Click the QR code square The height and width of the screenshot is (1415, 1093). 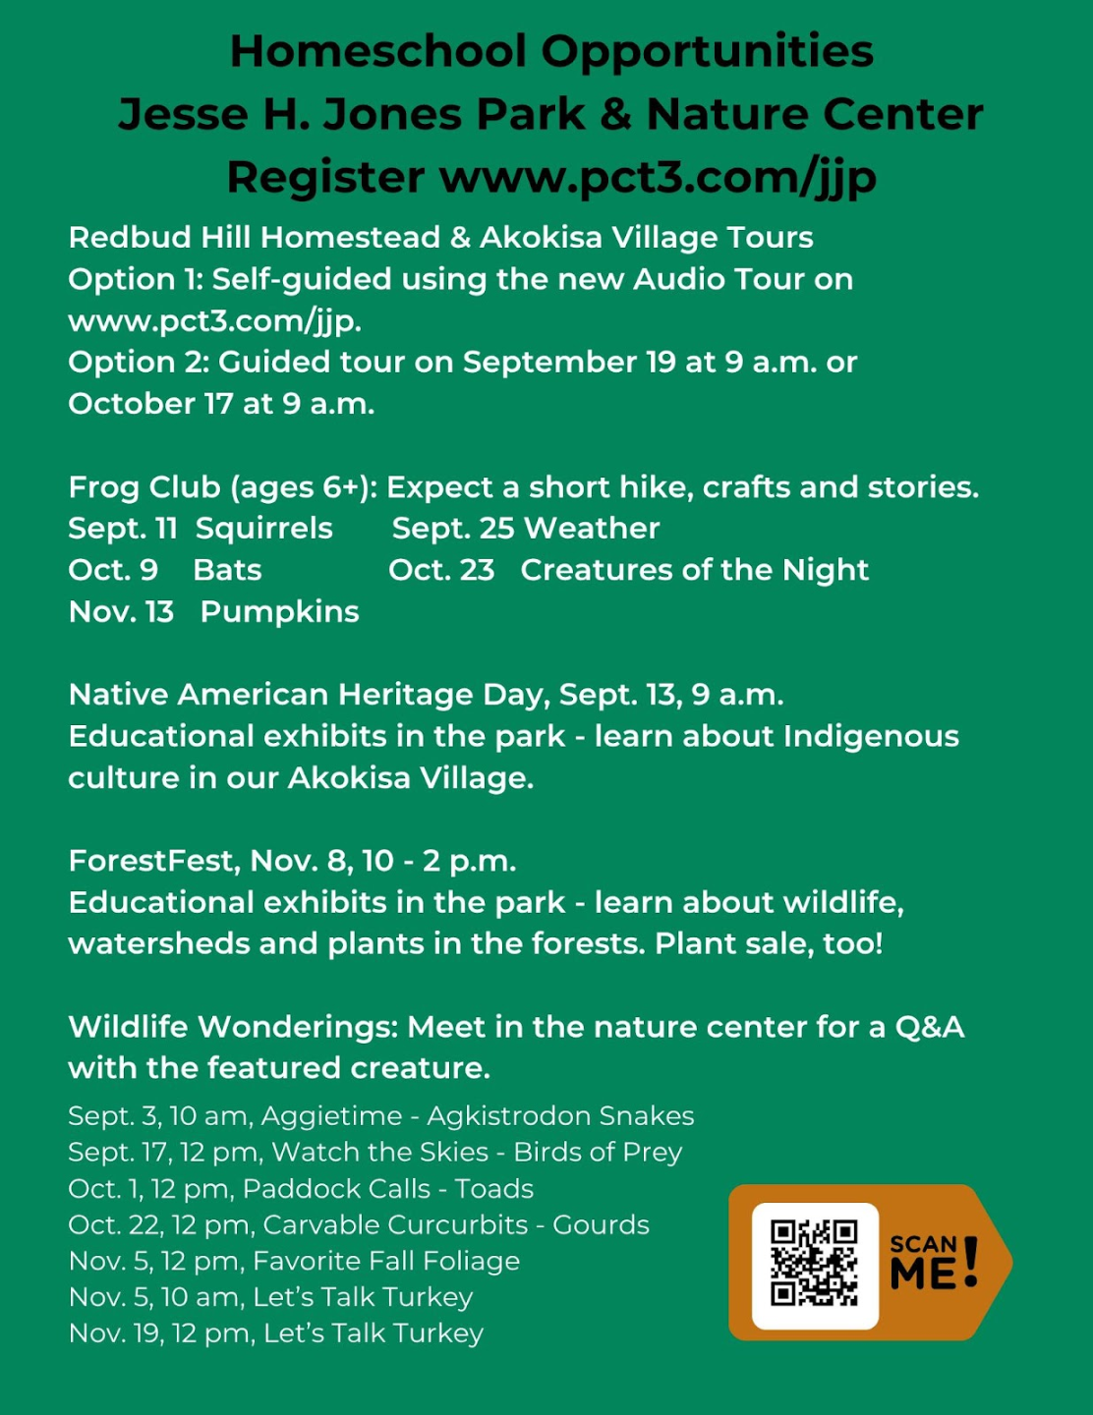[815, 1264]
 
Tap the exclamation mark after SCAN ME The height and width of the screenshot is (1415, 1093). [971, 1262]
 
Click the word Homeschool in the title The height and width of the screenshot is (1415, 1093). [378, 51]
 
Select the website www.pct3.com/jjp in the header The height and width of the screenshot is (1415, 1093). [658, 177]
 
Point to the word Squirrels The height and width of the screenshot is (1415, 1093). [264, 529]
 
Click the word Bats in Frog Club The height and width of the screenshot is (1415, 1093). [227, 570]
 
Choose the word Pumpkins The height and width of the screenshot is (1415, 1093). [279, 611]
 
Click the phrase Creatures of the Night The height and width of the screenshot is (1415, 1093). [694, 570]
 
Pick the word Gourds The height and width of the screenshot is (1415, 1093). [601, 1225]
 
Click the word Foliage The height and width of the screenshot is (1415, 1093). [468, 1262]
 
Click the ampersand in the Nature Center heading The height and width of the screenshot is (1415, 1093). [615, 114]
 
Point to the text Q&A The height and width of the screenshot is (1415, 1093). [929, 1027]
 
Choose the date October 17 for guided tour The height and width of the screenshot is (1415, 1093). [150, 404]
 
